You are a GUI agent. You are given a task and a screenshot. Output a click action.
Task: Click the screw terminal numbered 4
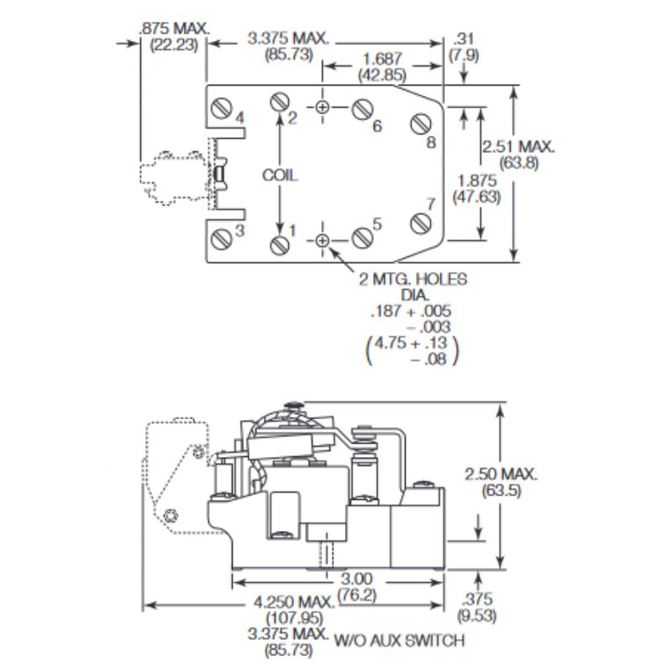tap(223, 109)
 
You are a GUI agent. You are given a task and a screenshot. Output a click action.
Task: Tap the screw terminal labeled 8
tap(420, 123)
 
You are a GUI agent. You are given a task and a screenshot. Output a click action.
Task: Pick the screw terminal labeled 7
tap(420, 223)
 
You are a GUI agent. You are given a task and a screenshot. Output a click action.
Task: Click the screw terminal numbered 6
tap(363, 109)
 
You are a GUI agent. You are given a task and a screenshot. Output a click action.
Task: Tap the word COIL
tap(280, 176)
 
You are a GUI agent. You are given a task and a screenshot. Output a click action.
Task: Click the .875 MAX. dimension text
tap(175, 28)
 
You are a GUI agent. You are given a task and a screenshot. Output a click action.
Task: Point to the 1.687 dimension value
tap(382, 59)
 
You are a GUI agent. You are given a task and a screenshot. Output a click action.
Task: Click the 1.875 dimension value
tap(477, 180)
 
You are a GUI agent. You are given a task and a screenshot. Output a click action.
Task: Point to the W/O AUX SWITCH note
tap(400, 642)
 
